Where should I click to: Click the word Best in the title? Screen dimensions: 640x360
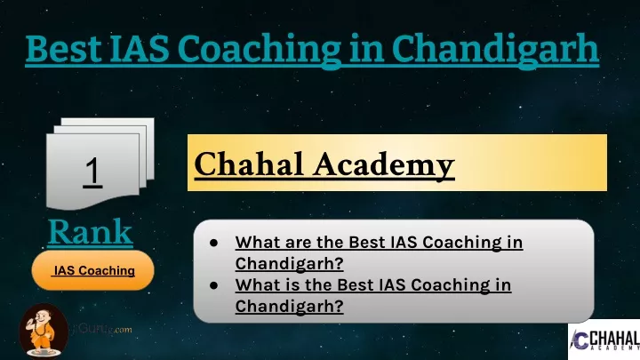click(63, 49)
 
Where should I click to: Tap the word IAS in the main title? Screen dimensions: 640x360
click(140, 49)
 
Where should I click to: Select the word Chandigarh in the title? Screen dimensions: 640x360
click(495, 51)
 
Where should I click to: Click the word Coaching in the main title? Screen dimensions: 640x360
click(260, 51)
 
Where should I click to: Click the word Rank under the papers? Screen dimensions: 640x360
click(90, 231)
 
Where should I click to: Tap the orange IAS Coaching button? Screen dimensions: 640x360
click(93, 270)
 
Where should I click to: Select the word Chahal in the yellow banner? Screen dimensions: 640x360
click(248, 164)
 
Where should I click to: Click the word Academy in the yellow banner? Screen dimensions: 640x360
click(384, 165)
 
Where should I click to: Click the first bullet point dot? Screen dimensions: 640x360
click(213, 243)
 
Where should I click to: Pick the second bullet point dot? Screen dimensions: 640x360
click(213, 285)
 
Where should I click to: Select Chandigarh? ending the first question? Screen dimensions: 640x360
click(290, 264)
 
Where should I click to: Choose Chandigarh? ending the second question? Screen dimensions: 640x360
click(290, 307)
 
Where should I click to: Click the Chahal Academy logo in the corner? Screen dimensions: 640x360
click(604, 340)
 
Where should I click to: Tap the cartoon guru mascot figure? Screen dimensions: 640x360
click(43, 331)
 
